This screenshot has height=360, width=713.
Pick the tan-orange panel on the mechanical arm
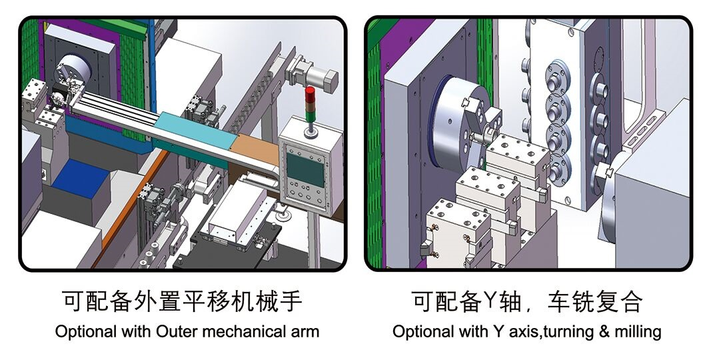(x=253, y=148)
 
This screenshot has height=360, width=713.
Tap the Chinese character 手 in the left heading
(x=291, y=301)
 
